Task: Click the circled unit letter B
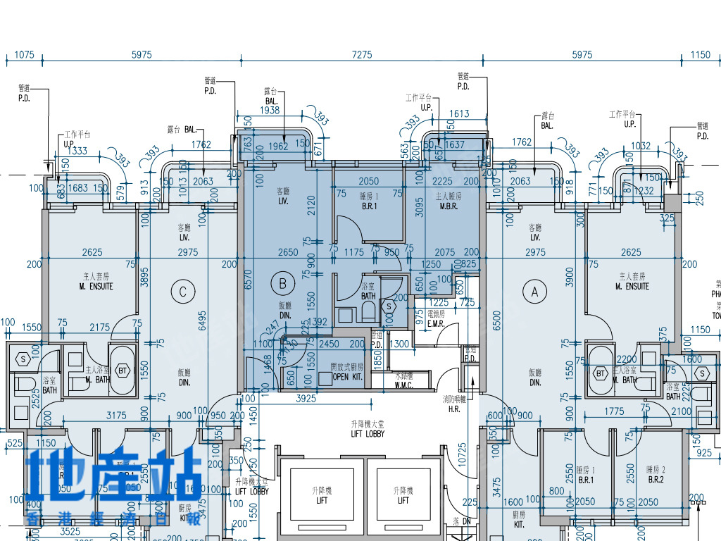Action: pyautogui.click(x=283, y=284)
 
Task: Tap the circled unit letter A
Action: pyautogui.click(x=534, y=290)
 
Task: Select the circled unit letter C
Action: pyautogui.click(x=183, y=291)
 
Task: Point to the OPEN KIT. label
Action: pyautogui.click(x=346, y=378)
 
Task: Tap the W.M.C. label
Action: pyautogui.click(x=403, y=385)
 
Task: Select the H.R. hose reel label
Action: pyautogui.click(x=453, y=409)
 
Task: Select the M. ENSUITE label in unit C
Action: pyautogui.click(x=96, y=286)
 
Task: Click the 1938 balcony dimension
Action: pyautogui.click(x=270, y=111)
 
